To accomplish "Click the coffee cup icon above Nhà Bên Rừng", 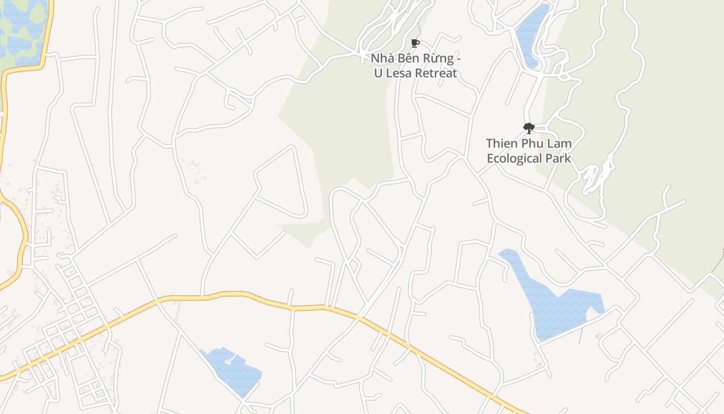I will (414, 43).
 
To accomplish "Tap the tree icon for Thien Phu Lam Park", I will (529, 128).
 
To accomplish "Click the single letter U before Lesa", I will (379, 73).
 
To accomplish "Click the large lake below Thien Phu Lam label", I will (559, 308).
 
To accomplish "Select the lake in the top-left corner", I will (21, 31).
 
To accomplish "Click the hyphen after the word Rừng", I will (457, 58).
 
